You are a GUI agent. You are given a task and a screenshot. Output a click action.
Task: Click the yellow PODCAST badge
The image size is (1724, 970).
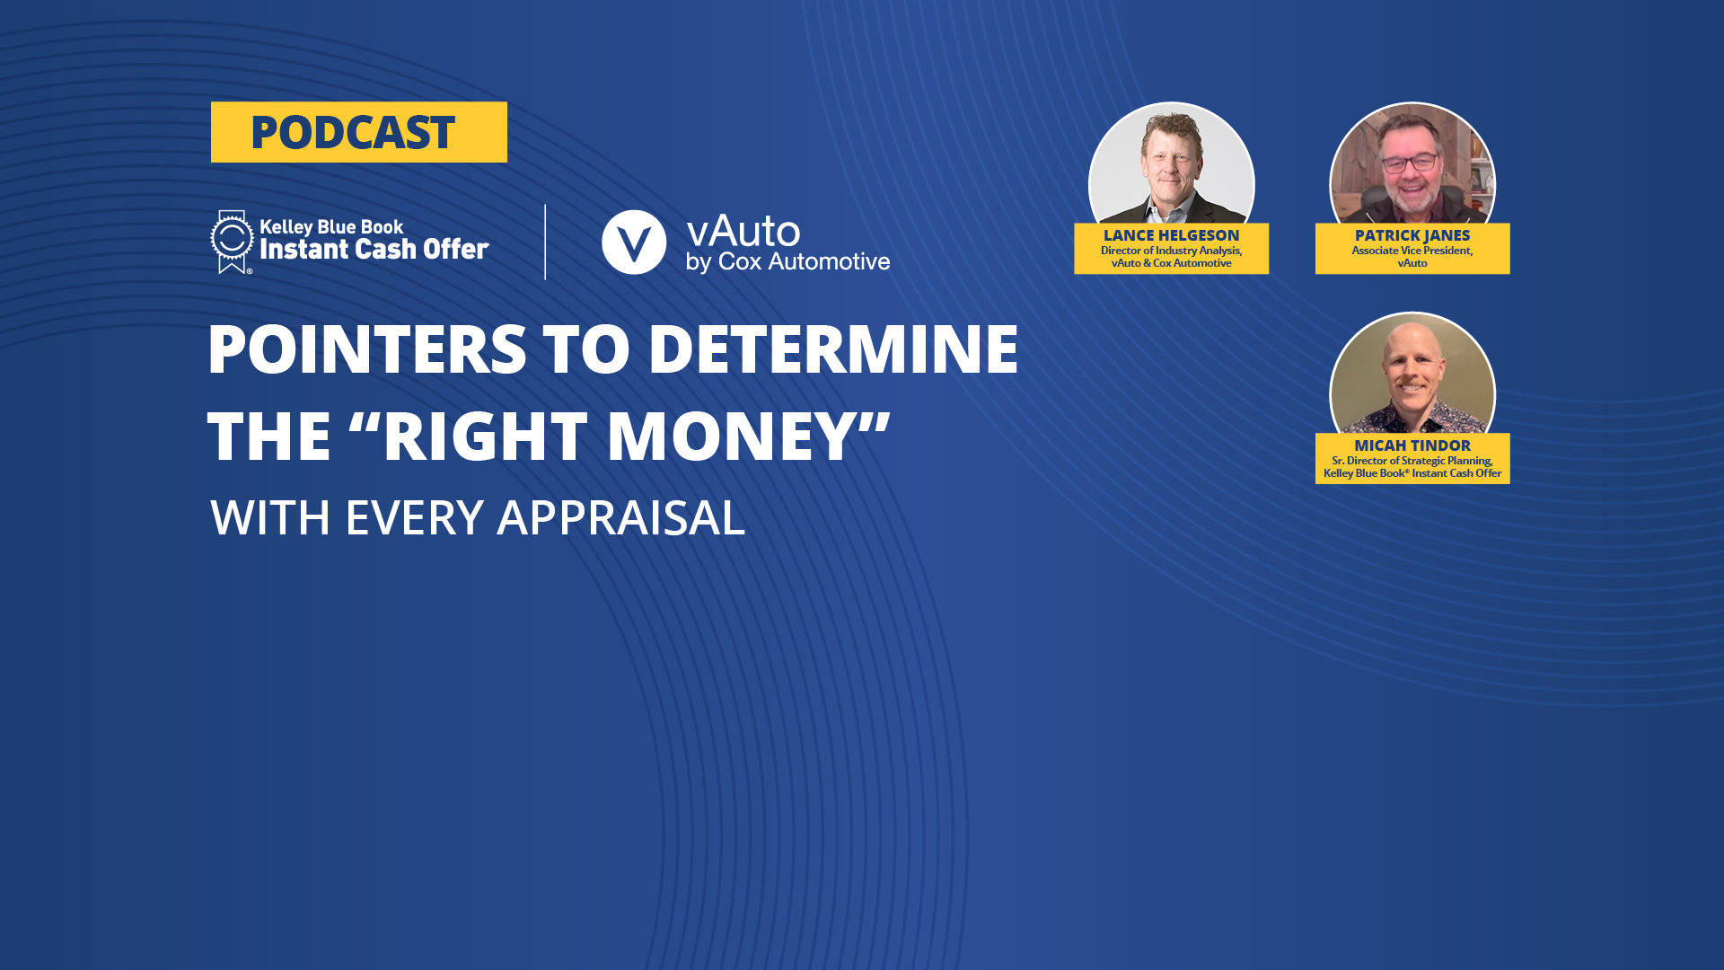click(358, 132)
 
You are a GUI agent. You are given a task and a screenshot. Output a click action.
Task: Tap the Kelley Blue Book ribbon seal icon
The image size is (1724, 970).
click(232, 241)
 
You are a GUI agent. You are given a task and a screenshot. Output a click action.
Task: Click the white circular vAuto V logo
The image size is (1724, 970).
click(634, 242)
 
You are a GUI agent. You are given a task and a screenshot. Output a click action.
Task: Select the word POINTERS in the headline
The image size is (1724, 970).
click(366, 349)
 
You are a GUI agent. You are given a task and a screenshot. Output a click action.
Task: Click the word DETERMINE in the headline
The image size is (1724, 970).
click(832, 349)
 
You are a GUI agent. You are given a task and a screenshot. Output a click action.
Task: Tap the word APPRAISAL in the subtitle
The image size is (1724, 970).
click(620, 518)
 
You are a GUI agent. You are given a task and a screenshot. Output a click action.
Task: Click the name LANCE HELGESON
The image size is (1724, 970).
click(1171, 235)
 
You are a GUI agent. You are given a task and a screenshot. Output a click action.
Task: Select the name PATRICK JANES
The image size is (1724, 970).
click(1412, 235)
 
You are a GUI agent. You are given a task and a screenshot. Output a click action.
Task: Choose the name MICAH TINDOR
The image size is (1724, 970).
click(1412, 445)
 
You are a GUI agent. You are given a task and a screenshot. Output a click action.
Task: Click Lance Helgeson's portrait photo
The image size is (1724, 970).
click(1171, 166)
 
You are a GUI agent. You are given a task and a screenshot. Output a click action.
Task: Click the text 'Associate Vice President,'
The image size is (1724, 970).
click(1412, 251)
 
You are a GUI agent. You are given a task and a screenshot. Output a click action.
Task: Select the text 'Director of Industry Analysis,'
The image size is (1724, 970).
click(1171, 251)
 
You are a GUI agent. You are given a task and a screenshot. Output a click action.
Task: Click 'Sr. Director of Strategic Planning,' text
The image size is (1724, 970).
click(1412, 461)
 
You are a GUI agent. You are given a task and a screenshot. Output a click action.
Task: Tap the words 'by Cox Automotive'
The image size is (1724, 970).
click(787, 262)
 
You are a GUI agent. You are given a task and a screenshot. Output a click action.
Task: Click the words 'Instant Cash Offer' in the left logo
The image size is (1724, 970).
click(374, 249)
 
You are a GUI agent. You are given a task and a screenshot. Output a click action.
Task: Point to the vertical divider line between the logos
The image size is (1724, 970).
click(545, 242)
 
